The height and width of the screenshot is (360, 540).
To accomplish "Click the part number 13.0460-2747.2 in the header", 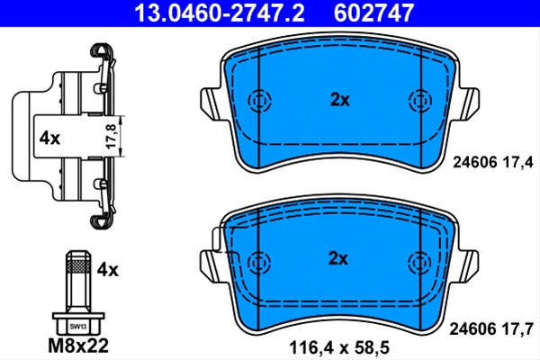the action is [x=220, y=13].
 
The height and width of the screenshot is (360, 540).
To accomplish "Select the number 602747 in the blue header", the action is [x=373, y=13].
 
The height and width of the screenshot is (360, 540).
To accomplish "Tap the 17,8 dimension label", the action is [x=112, y=137].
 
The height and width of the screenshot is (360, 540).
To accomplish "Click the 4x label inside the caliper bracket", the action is [x=49, y=139].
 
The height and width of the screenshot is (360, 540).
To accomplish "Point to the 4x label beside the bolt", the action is [x=107, y=270].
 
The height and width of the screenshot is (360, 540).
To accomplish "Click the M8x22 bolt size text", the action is [x=78, y=346].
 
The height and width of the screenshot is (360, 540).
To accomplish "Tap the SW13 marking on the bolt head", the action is [x=78, y=327].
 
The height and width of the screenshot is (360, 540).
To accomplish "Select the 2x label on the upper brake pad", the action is [x=340, y=100].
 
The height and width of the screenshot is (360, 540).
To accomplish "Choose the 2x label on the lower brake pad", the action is [x=338, y=258].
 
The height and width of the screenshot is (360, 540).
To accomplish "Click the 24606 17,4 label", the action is [x=493, y=162].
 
